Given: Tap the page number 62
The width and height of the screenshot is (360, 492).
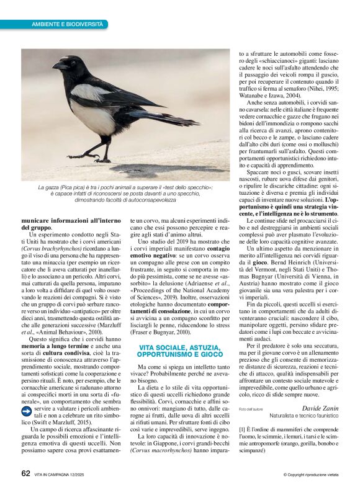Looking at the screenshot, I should [x=25, y=473].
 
